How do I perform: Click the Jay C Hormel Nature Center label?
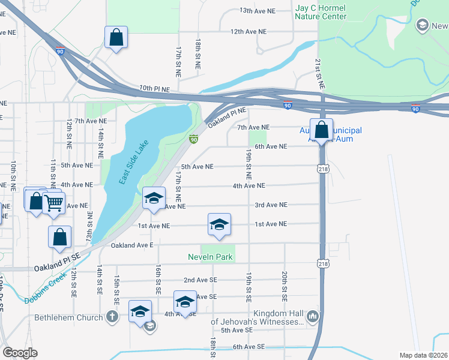point(321,12)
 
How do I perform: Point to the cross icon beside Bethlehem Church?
point(112,317)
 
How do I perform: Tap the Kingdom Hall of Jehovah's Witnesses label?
point(259,318)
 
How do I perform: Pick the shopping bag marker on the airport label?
point(322,130)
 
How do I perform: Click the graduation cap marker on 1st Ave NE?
point(219,224)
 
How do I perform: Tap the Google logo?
point(20,352)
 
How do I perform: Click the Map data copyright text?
point(423,355)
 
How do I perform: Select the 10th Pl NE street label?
point(154,89)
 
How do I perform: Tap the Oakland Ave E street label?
point(132,245)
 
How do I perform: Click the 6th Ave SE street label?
point(249,346)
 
